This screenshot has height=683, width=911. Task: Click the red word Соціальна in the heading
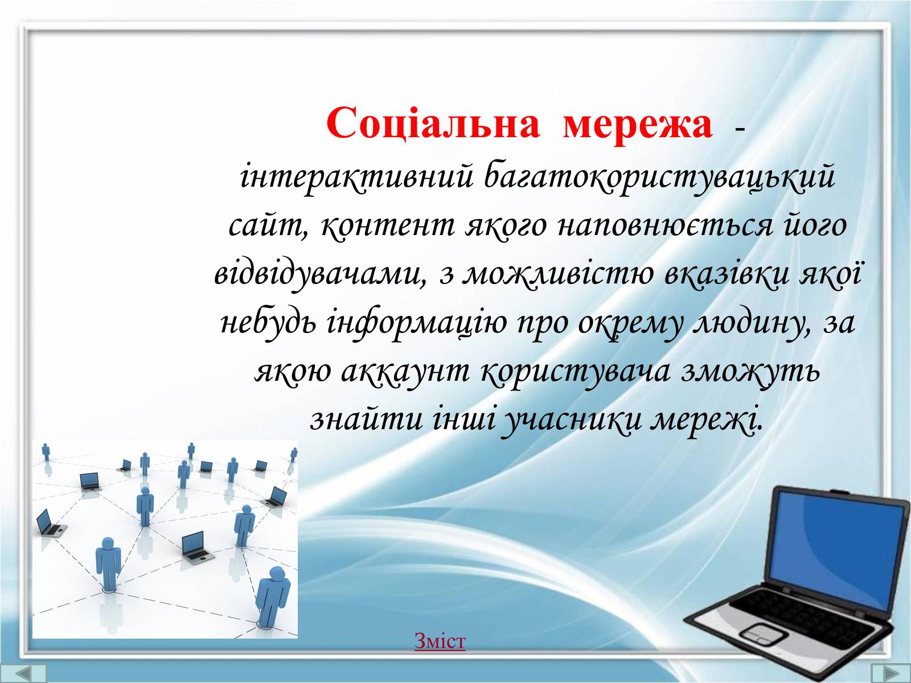tap(433, 124)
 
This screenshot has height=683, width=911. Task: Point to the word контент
tap(389, 227)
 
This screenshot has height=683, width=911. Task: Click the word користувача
tap(576, 372)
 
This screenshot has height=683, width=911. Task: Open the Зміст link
tap(440, 641)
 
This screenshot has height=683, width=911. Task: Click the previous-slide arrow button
tap(23, 673)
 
